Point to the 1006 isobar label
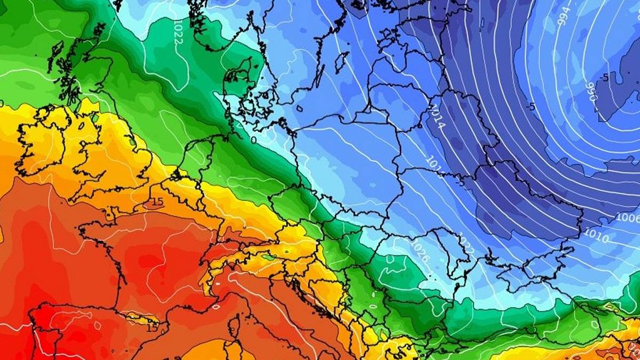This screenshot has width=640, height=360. pos(627,218)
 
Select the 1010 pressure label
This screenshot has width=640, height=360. pos(595,235)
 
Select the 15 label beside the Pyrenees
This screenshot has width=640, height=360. pos(152,327)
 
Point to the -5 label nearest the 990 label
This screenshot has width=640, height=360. pos(604,78)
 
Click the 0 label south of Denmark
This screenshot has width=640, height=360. pos(254,140)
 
